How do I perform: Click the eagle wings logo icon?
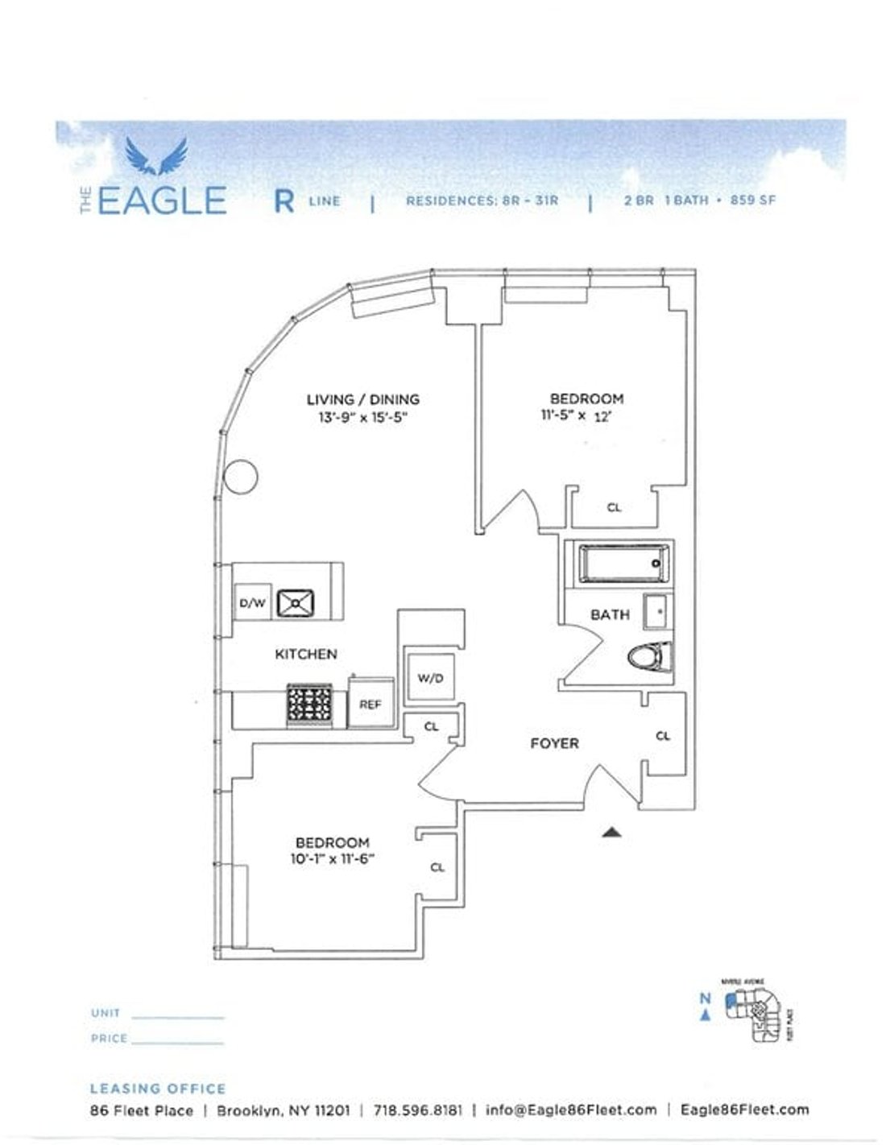(x=156, y=156)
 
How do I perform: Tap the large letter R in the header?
(x=284, y=201)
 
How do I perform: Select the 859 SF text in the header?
(x=753, y=200)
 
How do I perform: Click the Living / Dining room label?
(x=362, y=399)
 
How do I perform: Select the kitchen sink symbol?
(x=296, y=602)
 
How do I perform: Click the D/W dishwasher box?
(x=251, y=603)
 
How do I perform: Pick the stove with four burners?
(x=310, y=706)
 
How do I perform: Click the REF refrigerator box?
(x=370, y=704)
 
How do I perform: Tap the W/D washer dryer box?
(x=430, y=678)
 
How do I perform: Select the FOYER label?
(x=554, y=743)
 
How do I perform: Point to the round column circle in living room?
(x=241, y=477)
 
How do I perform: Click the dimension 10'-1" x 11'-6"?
(x=333, y=859)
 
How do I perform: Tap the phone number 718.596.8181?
(x=418, y=1110)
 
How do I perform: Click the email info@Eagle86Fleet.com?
(x=570, y=1110)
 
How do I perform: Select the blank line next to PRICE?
(x=177, y=1043)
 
